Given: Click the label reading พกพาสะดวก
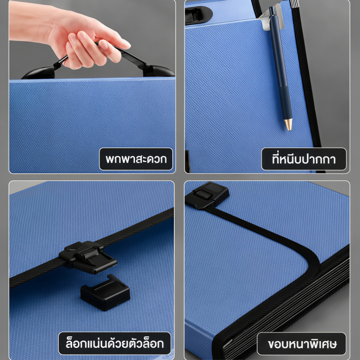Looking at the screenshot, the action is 136,159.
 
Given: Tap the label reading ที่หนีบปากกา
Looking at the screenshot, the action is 304,159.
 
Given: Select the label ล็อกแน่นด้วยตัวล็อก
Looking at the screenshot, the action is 115,343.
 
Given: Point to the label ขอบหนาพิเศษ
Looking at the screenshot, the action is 301,344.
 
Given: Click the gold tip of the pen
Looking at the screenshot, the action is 288,124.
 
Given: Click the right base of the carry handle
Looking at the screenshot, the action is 159,71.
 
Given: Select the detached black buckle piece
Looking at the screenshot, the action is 105,292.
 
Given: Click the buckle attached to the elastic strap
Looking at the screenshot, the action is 88,257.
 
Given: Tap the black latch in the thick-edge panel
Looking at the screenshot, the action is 207,195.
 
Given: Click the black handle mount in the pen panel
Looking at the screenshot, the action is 198,15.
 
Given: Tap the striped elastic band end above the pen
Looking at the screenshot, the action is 294,4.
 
